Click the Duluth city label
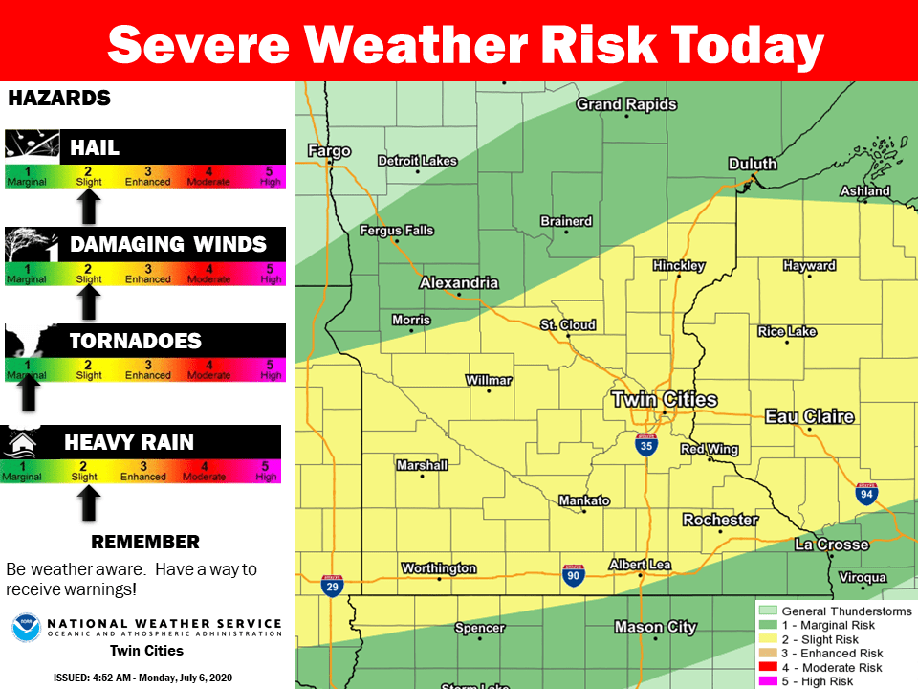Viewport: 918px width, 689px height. [752, 164]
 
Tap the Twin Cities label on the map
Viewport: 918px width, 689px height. [664, 399]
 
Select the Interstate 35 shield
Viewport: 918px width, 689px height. [647, 444]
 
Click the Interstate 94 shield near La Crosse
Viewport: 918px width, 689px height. [866, 494]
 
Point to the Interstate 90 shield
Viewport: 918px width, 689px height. [574, 574]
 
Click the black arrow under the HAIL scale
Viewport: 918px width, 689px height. [88, 205]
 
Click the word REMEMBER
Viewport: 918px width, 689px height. [144, 543]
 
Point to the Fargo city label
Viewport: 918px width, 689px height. [329, 151]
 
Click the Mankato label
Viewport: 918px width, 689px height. [584, 500]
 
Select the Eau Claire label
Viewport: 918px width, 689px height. [809, 416]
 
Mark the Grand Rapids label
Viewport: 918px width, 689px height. [625, 104]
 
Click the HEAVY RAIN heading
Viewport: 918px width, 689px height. [128, 442]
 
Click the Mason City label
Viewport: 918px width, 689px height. [655, 627]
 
